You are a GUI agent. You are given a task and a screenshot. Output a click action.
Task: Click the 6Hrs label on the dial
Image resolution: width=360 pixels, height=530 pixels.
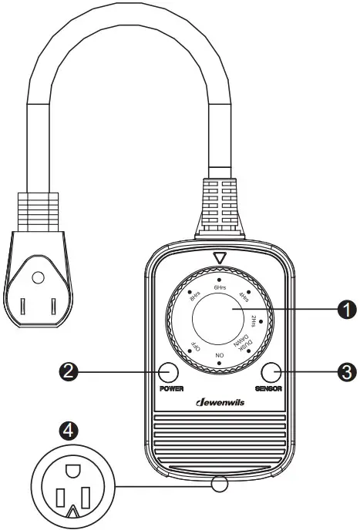220,287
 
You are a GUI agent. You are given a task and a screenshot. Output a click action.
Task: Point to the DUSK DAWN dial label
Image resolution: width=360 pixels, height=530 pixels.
242,339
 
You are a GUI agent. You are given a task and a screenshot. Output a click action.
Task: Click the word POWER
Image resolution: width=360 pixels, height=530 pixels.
171,389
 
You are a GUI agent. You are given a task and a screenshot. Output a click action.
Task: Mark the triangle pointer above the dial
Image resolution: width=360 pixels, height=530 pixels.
220,259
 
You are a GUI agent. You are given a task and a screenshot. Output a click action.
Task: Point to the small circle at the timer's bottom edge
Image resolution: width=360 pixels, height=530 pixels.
220,485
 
